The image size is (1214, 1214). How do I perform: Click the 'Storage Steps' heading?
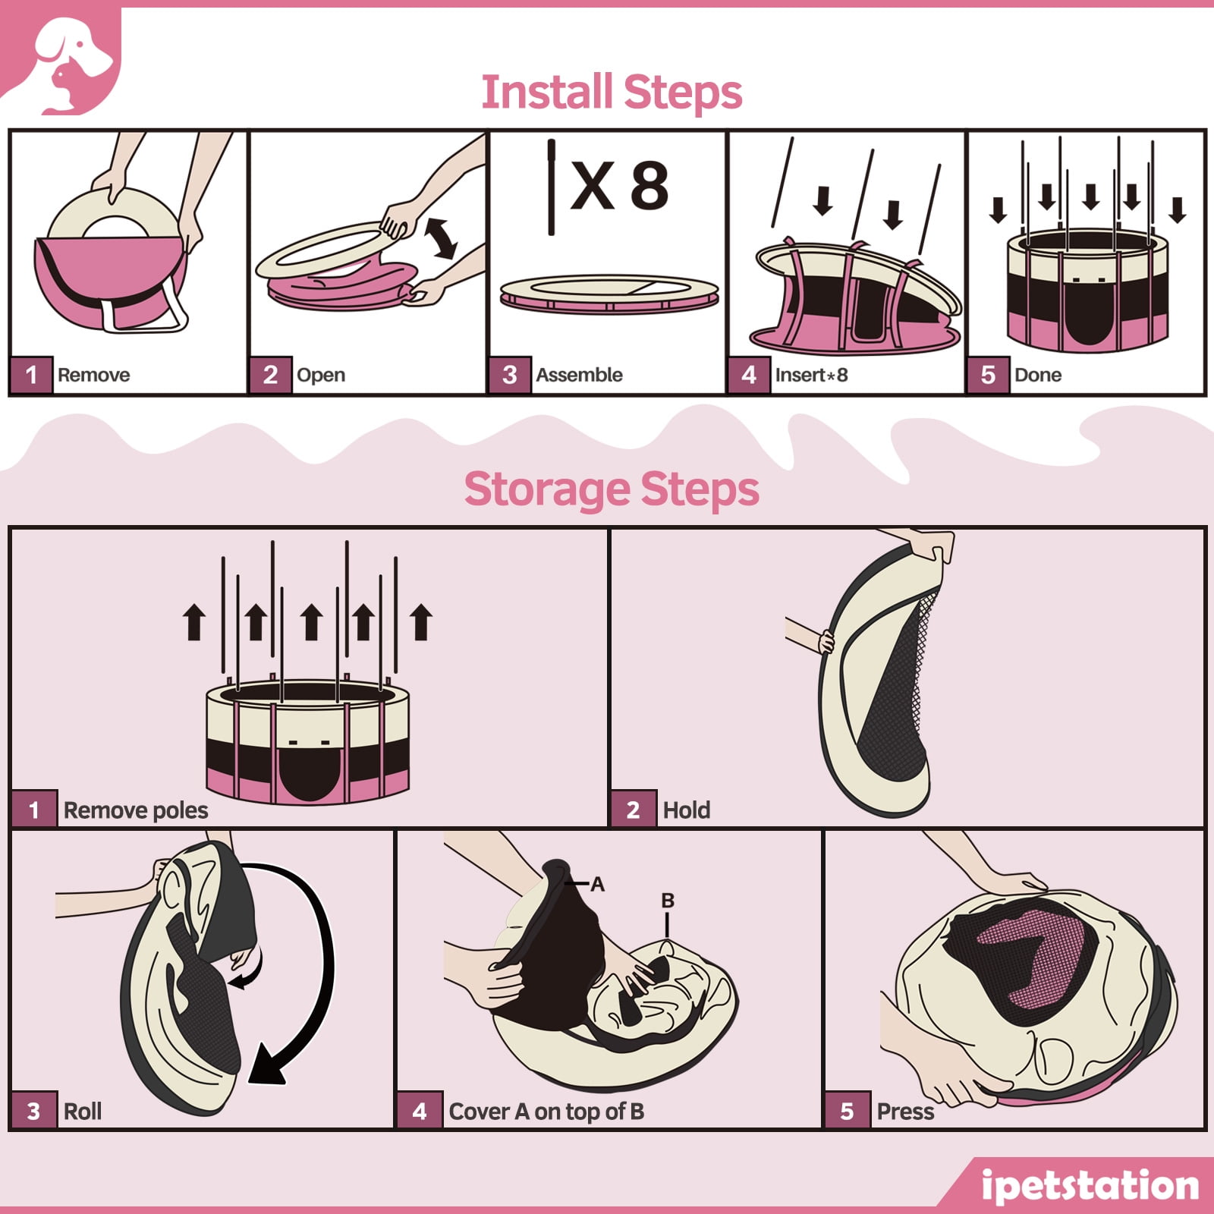pyautogui.click(x=612, y=490)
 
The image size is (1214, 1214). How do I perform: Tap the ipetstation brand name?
pyautogui.click(x=1090, y=1186)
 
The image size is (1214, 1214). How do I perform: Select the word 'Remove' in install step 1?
pyautogui.click(x=93, y=375)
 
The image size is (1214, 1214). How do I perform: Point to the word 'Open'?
pyautogui.click(x=320, y=376)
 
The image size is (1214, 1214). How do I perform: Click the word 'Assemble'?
pyautogui.click(x=579, y=375)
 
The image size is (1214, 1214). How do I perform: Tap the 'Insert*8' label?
pyautogui.click(x=811, y=375)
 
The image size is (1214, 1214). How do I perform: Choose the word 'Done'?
pyautogui.click(x=1037, y=375)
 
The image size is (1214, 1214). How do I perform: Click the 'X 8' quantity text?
pyautogui.click(x=619, y=186)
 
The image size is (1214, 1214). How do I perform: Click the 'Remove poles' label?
pyautogui.click(x=136, y=810)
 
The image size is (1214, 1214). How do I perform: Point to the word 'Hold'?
pyautogui.click(x=687, y=810)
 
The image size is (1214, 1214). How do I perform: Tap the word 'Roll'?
pyautogui.click(x=83, y=1112)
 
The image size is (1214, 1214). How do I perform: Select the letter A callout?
pyautogui.click(x=597, y=884)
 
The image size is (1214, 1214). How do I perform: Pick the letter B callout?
pyautogui.click(x=668, y=901)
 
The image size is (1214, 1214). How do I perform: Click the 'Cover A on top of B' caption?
pyautogui.click(x=546, y=1112)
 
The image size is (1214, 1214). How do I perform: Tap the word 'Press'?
pyautogui.click(x=905, y=1112)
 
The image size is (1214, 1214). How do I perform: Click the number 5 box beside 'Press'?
pyautogui.click(x=848, y=1112)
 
